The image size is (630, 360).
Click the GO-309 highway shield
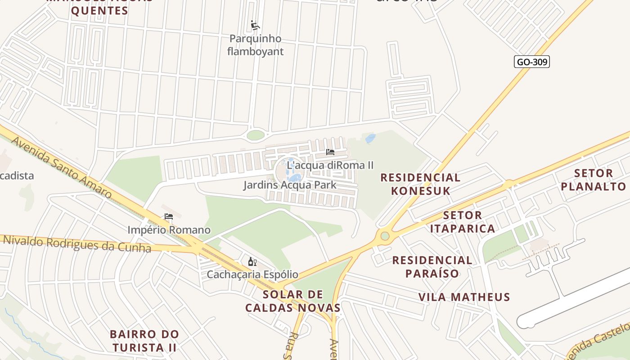click(531, 62)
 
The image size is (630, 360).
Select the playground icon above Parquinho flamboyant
click(255, 25)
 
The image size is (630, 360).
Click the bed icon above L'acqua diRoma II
click(330, 152)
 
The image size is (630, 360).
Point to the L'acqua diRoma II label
click(330, 165)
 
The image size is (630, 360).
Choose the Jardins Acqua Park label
click(290, 185)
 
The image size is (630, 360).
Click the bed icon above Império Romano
click(169, 216)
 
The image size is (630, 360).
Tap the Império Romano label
click(169, 230)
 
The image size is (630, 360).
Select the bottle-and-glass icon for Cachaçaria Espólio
click(252, 261)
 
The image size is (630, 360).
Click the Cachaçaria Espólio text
click(252, 274)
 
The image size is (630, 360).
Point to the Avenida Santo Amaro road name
click(61, 167)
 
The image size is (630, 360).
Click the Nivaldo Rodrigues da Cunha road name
click(76, 243)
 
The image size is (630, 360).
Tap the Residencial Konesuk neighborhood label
click(420, 184)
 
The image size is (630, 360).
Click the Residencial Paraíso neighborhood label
click(432, 266)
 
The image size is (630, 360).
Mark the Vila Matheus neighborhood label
click(464, 297)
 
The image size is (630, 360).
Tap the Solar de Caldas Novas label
click(292, 301)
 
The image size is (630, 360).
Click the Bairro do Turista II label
click(144, 341)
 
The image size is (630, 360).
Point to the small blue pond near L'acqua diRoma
click(370, 139)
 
